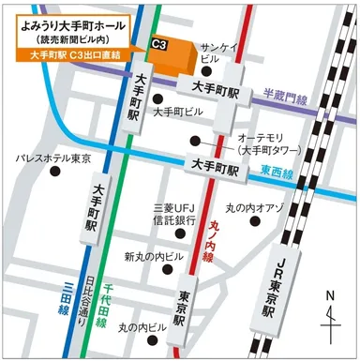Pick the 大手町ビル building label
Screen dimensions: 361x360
178,112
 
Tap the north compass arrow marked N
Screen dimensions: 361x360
331,317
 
